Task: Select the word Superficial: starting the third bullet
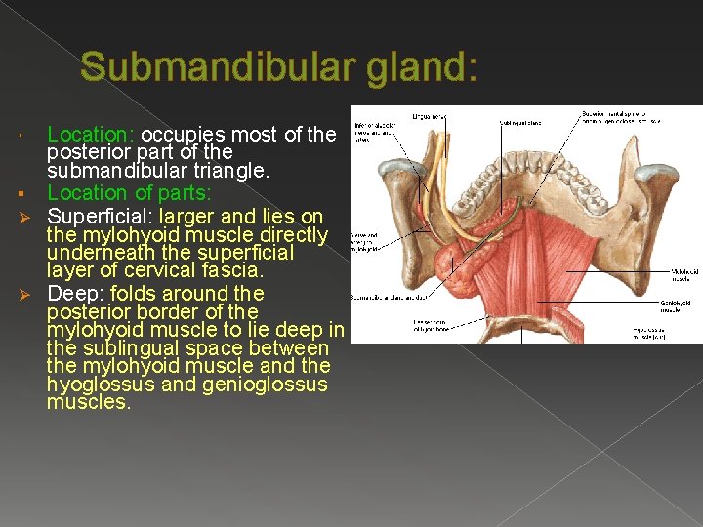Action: click(101, 215)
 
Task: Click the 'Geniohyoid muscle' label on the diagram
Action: click(684, 306)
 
